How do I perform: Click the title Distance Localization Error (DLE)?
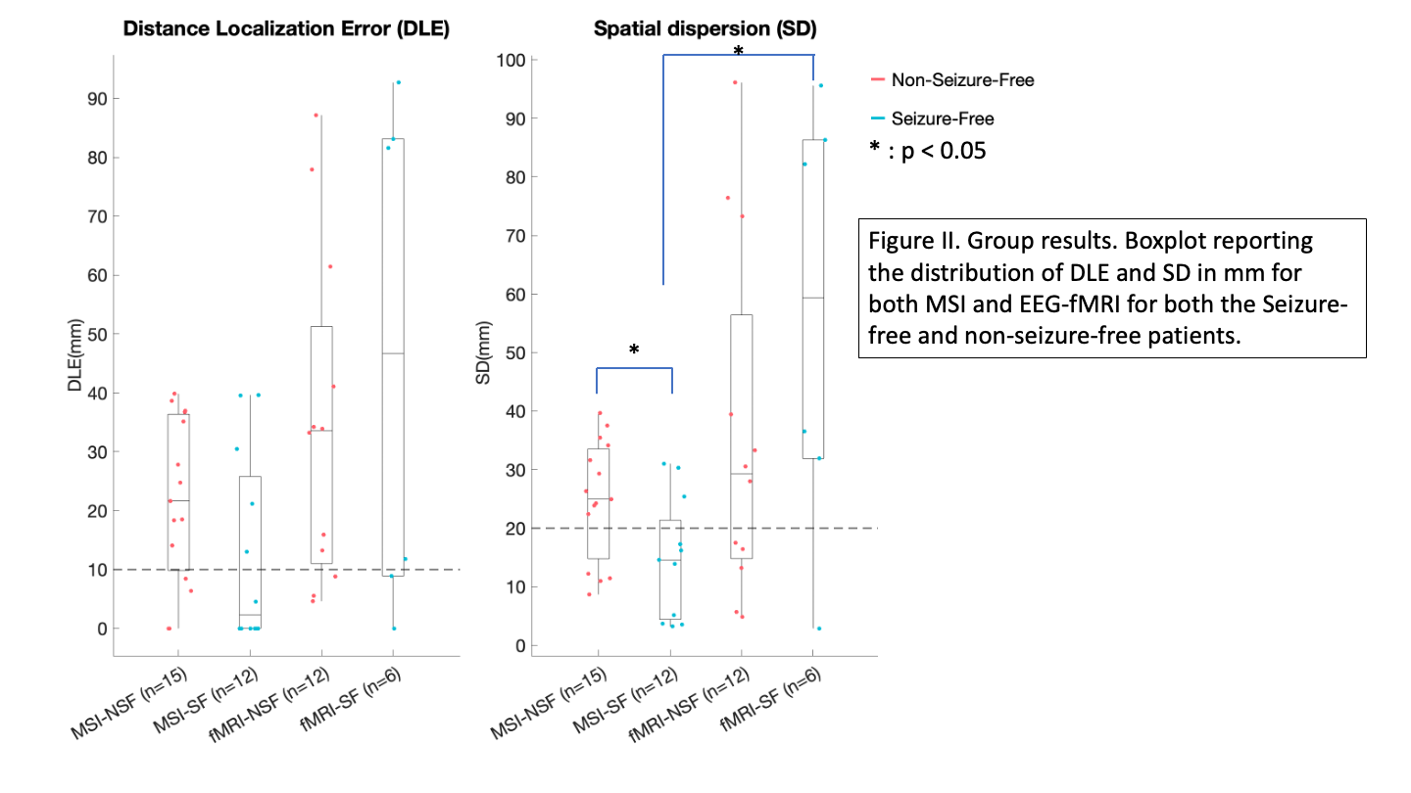point(285,29)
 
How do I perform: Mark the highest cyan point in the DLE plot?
point(398,82)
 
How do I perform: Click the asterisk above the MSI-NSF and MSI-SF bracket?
point(634,350)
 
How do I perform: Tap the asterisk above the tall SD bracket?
point(738,50)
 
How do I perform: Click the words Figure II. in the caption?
point(904,241)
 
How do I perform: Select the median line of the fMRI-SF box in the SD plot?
point(812,298)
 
